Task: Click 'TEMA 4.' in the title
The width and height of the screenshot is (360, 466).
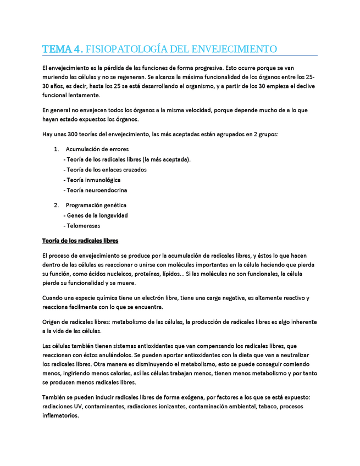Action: [x=63, y=49]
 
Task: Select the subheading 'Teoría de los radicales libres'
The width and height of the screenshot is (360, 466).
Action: [x=80, y=241]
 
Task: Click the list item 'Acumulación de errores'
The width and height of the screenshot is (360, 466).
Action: [x=97, y=149]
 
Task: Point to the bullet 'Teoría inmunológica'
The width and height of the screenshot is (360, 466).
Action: [x=93, y=180]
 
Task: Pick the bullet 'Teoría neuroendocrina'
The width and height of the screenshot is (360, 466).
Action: [x=96, y=190]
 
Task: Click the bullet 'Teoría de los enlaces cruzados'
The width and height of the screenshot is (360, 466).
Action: [x=106, y=170]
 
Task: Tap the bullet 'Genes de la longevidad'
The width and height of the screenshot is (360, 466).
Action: [x=97, y=215]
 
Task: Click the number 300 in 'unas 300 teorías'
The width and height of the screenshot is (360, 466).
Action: [x=74, y=134]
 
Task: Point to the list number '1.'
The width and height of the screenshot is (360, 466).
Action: [x=57, y=149]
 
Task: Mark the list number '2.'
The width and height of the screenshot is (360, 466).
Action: [x=57, y=205]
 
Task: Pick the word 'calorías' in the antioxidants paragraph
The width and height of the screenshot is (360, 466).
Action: [x=119, y=373]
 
